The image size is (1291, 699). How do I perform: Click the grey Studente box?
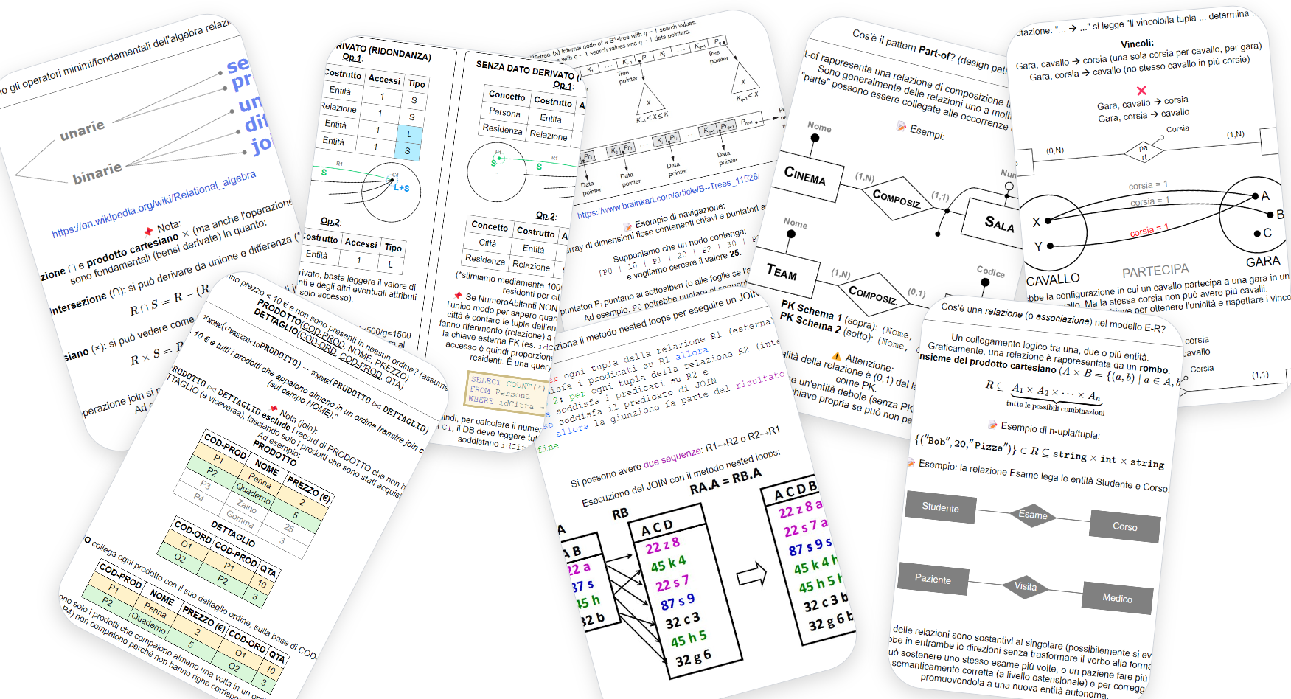[940, 507]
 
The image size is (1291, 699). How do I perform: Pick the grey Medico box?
[1117, 598]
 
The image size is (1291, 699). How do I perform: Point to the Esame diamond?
[1032, 515]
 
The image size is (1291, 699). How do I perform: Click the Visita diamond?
[1025, 586]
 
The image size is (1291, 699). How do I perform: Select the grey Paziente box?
[933, 579]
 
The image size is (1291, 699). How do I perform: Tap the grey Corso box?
[1124, 526]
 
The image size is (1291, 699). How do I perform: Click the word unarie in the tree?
[82, 130]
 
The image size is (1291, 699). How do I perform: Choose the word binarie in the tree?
[97, 173]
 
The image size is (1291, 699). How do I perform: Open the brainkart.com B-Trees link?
[667, 196]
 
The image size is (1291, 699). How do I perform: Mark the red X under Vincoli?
[1141, 91]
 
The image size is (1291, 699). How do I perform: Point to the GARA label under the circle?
[1262, 262]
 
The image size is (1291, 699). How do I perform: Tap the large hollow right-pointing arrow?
[752, 574]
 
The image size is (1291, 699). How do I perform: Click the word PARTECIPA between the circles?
[1155, 271]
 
